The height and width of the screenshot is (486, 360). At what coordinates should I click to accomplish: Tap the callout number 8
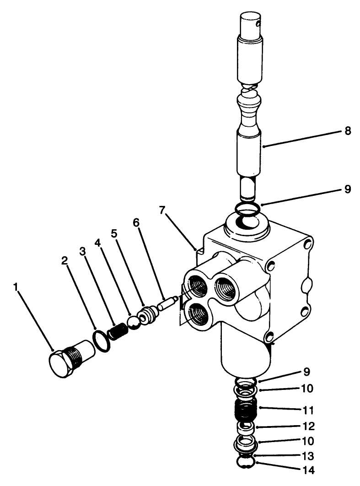click(x=348, y=131)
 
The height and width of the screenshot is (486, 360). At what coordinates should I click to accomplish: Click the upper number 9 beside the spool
click(x=348, y=189)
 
